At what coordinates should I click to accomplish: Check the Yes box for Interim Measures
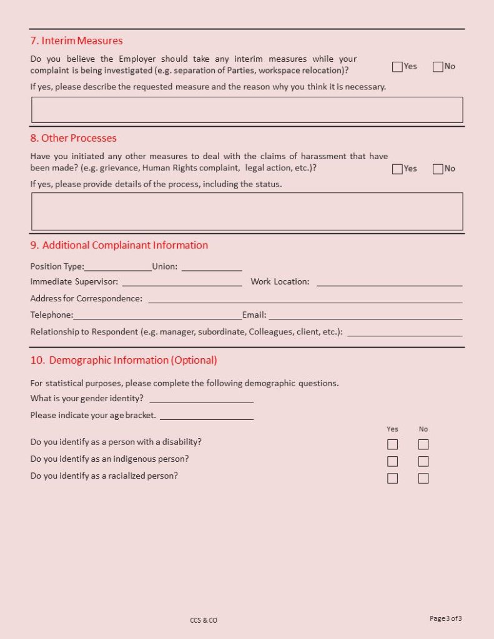(397, 67)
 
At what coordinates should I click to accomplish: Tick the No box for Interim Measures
(437, 67)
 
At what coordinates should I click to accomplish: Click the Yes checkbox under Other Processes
(397, 169)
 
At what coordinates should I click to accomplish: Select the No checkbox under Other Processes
(437, 169)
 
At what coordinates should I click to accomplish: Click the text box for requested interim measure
(247, 110)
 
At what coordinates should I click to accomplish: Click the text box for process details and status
(247, 212)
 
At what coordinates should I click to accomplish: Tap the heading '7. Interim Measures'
(76, 41)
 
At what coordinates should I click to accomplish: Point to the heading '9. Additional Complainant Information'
(119, 245)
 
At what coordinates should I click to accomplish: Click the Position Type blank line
(118, 267)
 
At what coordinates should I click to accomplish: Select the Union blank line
(212, 267)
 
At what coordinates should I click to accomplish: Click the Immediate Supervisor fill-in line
(182, 282)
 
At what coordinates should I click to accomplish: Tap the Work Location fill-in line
(389, 282)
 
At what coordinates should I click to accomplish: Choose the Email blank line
(365, 316)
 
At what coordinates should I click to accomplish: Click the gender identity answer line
(201, 399)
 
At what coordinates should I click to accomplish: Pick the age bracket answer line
(206, 416)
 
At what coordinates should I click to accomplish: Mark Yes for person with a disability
(392, 445)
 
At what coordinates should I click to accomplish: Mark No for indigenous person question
(423, 462)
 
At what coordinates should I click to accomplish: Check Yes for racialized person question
(392, 479)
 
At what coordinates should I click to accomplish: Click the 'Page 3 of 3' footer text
(446, 618)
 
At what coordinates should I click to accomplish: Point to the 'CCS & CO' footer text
(204, 620)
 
